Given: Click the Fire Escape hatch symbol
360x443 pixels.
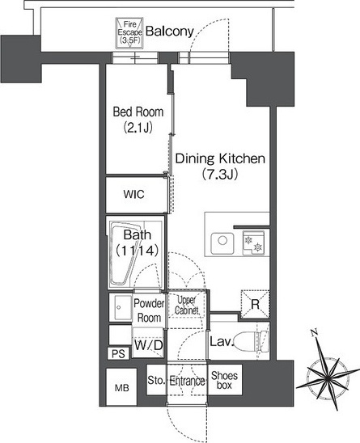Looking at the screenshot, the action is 129,33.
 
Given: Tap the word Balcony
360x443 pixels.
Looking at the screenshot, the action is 170,32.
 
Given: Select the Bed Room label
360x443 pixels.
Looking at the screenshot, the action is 138,120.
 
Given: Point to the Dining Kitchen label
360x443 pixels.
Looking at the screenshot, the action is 220,167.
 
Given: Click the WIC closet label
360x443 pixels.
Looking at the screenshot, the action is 133,194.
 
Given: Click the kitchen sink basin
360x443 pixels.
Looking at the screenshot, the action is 222,243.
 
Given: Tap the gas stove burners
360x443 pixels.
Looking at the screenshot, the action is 253,243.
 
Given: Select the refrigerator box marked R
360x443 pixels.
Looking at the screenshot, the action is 255,304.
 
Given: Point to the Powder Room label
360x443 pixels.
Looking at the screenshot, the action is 149,310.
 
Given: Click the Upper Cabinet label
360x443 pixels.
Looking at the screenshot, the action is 186,306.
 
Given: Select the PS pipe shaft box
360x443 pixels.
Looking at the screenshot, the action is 118,354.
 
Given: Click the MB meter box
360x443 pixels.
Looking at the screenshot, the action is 121,387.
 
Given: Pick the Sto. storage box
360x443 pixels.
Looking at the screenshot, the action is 156,380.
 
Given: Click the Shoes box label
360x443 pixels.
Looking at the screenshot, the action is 225,380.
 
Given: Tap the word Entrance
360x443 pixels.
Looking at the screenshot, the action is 187,381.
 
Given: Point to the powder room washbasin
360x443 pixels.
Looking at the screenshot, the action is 121,307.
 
